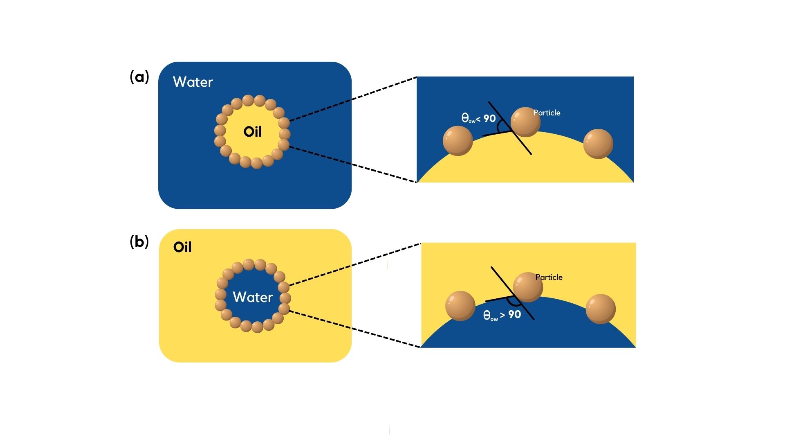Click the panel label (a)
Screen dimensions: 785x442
[139, 77]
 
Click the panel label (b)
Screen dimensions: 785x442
[139, 242]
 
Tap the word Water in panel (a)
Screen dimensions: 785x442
[193, 82]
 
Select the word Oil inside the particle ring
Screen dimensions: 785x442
[253, 132]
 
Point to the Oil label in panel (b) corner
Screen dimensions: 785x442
[182, 247]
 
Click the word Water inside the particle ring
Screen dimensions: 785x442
[253, 297]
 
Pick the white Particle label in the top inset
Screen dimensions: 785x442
[547, 113]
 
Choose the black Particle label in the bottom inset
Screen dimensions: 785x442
[549, 277]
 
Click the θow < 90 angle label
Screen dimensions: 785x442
[478, 119]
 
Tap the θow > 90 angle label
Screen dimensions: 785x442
[502, 315]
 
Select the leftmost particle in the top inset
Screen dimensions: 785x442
[458, 141]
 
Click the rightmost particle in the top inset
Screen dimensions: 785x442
[598, 144]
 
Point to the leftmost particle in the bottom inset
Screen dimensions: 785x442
[460, 306]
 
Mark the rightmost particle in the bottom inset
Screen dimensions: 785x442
[601, 309]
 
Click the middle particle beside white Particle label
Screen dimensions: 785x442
[526, 122]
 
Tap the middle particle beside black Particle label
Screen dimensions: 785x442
[528, 287]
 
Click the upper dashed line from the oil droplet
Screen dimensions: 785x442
[353, 99]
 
